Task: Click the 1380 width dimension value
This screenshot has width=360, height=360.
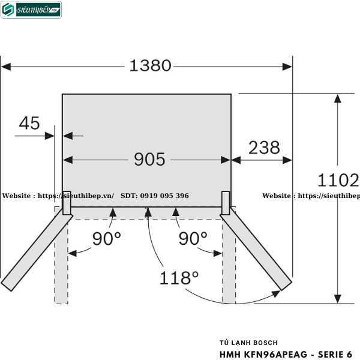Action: point(150,65)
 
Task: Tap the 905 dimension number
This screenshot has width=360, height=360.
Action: point(149,160)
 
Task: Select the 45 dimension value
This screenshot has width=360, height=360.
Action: point(29,124)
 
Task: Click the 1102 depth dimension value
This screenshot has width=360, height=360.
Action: point(338,179)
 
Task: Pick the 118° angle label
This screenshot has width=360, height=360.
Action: point(179,278)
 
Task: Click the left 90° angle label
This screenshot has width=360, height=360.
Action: point(106,239)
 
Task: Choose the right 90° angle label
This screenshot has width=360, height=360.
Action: point(193,239)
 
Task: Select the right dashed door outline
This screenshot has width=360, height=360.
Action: point(229,264)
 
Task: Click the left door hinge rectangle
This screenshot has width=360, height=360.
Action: point(67,202)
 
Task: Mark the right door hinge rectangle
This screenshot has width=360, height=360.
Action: point(226,202)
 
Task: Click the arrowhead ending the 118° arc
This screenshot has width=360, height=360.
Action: point(277,293)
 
